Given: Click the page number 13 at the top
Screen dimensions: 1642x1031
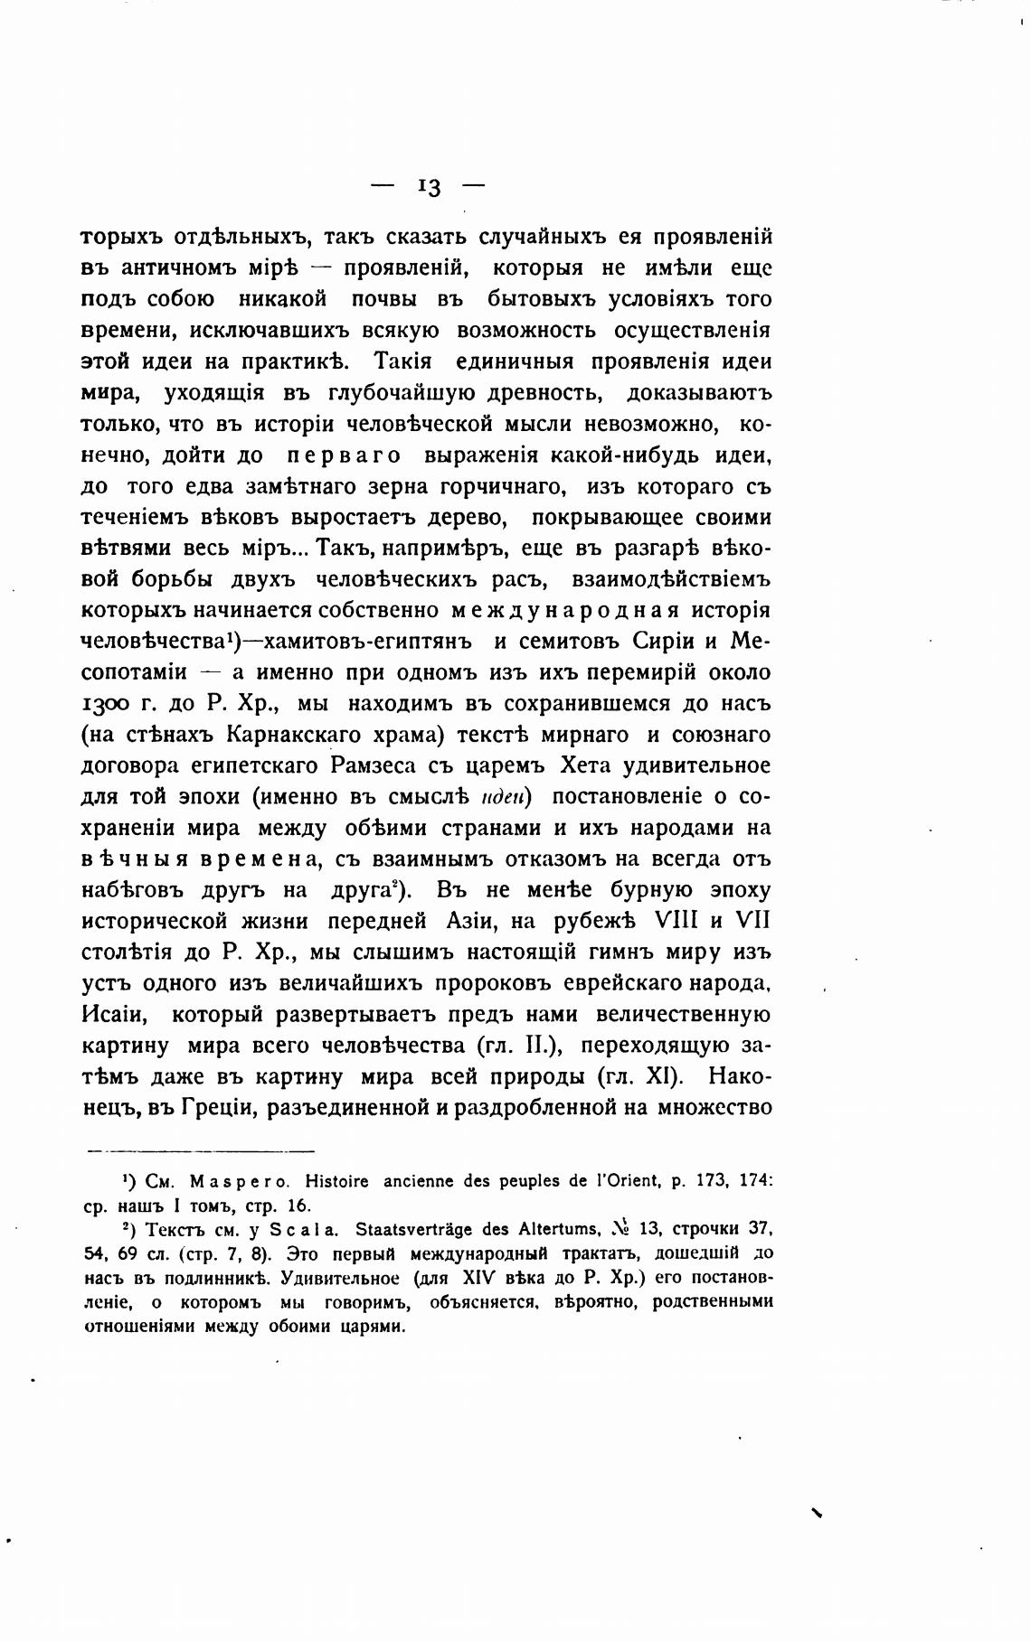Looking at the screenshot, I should click(x=429, y=186).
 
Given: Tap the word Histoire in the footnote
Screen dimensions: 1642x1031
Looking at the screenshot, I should click(x=337, y=1180).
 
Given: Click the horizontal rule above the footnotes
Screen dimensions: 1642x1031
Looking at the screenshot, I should click(x=200, y=1150).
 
